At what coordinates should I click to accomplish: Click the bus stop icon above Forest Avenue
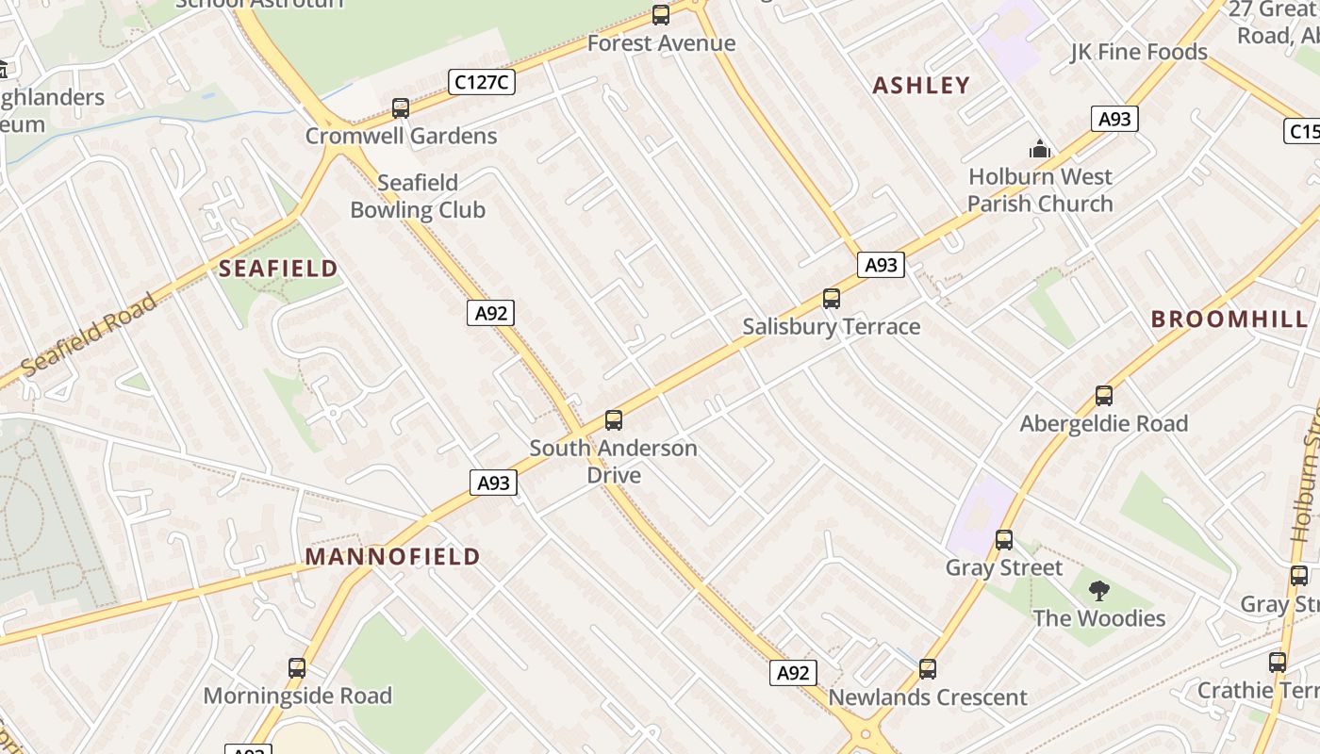(661, 15)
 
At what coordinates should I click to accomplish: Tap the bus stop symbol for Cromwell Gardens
(401, 108)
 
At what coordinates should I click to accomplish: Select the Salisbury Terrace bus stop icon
(831, 299)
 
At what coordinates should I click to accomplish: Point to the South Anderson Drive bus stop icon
(614, 420)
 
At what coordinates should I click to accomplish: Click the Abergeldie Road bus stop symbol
(1104, 396)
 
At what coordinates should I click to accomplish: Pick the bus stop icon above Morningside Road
(297, 668)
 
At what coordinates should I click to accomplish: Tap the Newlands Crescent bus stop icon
(928, 670)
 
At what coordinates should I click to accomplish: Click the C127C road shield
(481, 83)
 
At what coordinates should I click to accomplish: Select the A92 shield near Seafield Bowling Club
(490, 313)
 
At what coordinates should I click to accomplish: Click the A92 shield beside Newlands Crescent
(793, 673)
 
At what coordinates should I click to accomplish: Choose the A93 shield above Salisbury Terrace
(881, 266)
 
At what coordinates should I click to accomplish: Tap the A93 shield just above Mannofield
(493, 484)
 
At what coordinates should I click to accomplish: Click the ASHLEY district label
(921, 86)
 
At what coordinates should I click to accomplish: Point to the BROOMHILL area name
(1229, 319)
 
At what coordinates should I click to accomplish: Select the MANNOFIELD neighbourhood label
(393, 557)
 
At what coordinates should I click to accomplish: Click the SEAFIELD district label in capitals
(278, 269)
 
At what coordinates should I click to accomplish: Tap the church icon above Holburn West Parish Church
(1040, 149)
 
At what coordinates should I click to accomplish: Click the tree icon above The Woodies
(1098, 592)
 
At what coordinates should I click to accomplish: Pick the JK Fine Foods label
(1139, 52)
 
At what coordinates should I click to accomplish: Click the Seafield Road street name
(89, 336)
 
